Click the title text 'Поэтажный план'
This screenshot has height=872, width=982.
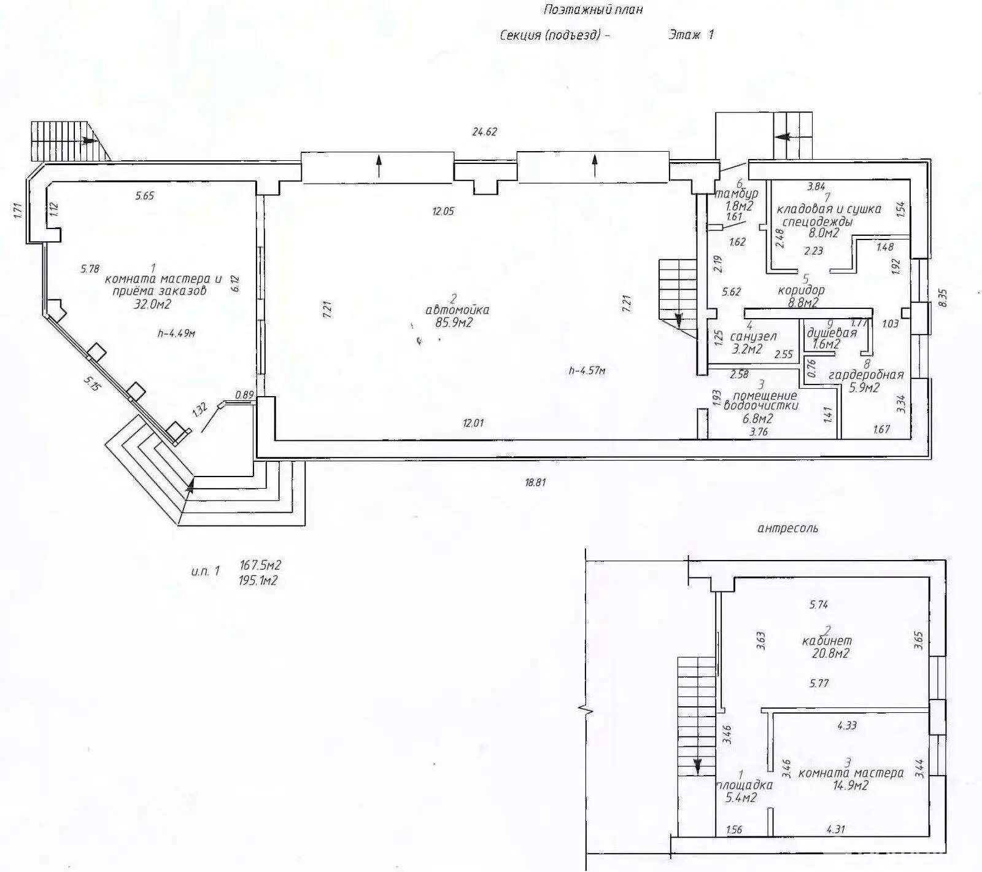coord(593,10)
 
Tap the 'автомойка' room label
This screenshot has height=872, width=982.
coord(457,310)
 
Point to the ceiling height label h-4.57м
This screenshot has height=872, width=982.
coord(587,370)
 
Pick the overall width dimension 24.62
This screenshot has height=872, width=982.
coord(484,131)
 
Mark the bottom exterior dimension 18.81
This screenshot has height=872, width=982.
coord(535,483)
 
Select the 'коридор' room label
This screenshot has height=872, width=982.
coord(801,290)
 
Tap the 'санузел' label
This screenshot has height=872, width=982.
coord(754,337)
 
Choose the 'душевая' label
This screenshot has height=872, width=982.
coord(832,333)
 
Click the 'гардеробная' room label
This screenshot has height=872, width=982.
coord(866,375)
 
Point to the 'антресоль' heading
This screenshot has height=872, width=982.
coord(788,528)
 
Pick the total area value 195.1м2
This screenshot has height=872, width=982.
coord(258,580)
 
